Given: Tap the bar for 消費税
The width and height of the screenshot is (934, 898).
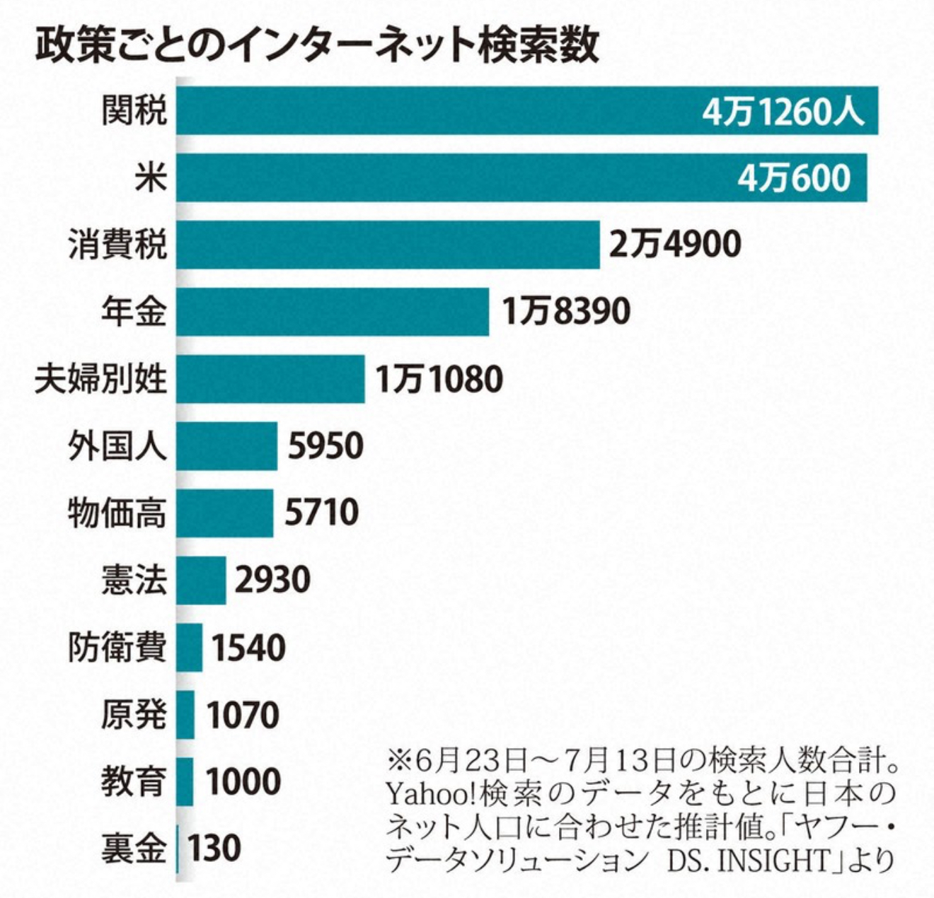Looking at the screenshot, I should (388, 245).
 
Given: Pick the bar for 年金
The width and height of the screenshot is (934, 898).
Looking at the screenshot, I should (333, 311).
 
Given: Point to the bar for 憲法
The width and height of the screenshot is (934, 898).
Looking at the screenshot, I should (201, 580).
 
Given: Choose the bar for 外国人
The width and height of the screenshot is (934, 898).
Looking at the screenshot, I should (226, 445).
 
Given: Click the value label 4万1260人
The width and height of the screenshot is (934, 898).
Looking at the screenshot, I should (783, 111).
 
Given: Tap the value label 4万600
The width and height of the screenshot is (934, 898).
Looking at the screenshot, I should (794, 177).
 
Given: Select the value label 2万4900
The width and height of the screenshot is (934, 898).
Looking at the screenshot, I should (675, 245).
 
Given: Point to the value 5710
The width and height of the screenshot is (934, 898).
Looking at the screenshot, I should (322, 513).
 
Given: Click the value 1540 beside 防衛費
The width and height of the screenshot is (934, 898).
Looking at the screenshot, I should (249, 647).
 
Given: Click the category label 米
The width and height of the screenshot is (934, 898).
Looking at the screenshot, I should (151, 177).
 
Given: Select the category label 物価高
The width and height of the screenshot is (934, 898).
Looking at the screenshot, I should (117, 513).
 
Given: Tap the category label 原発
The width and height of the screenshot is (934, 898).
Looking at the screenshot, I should (134, 714).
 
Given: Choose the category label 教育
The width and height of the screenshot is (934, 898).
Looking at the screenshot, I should (134, 781).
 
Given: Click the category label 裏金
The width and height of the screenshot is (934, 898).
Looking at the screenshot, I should (134, 848).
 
